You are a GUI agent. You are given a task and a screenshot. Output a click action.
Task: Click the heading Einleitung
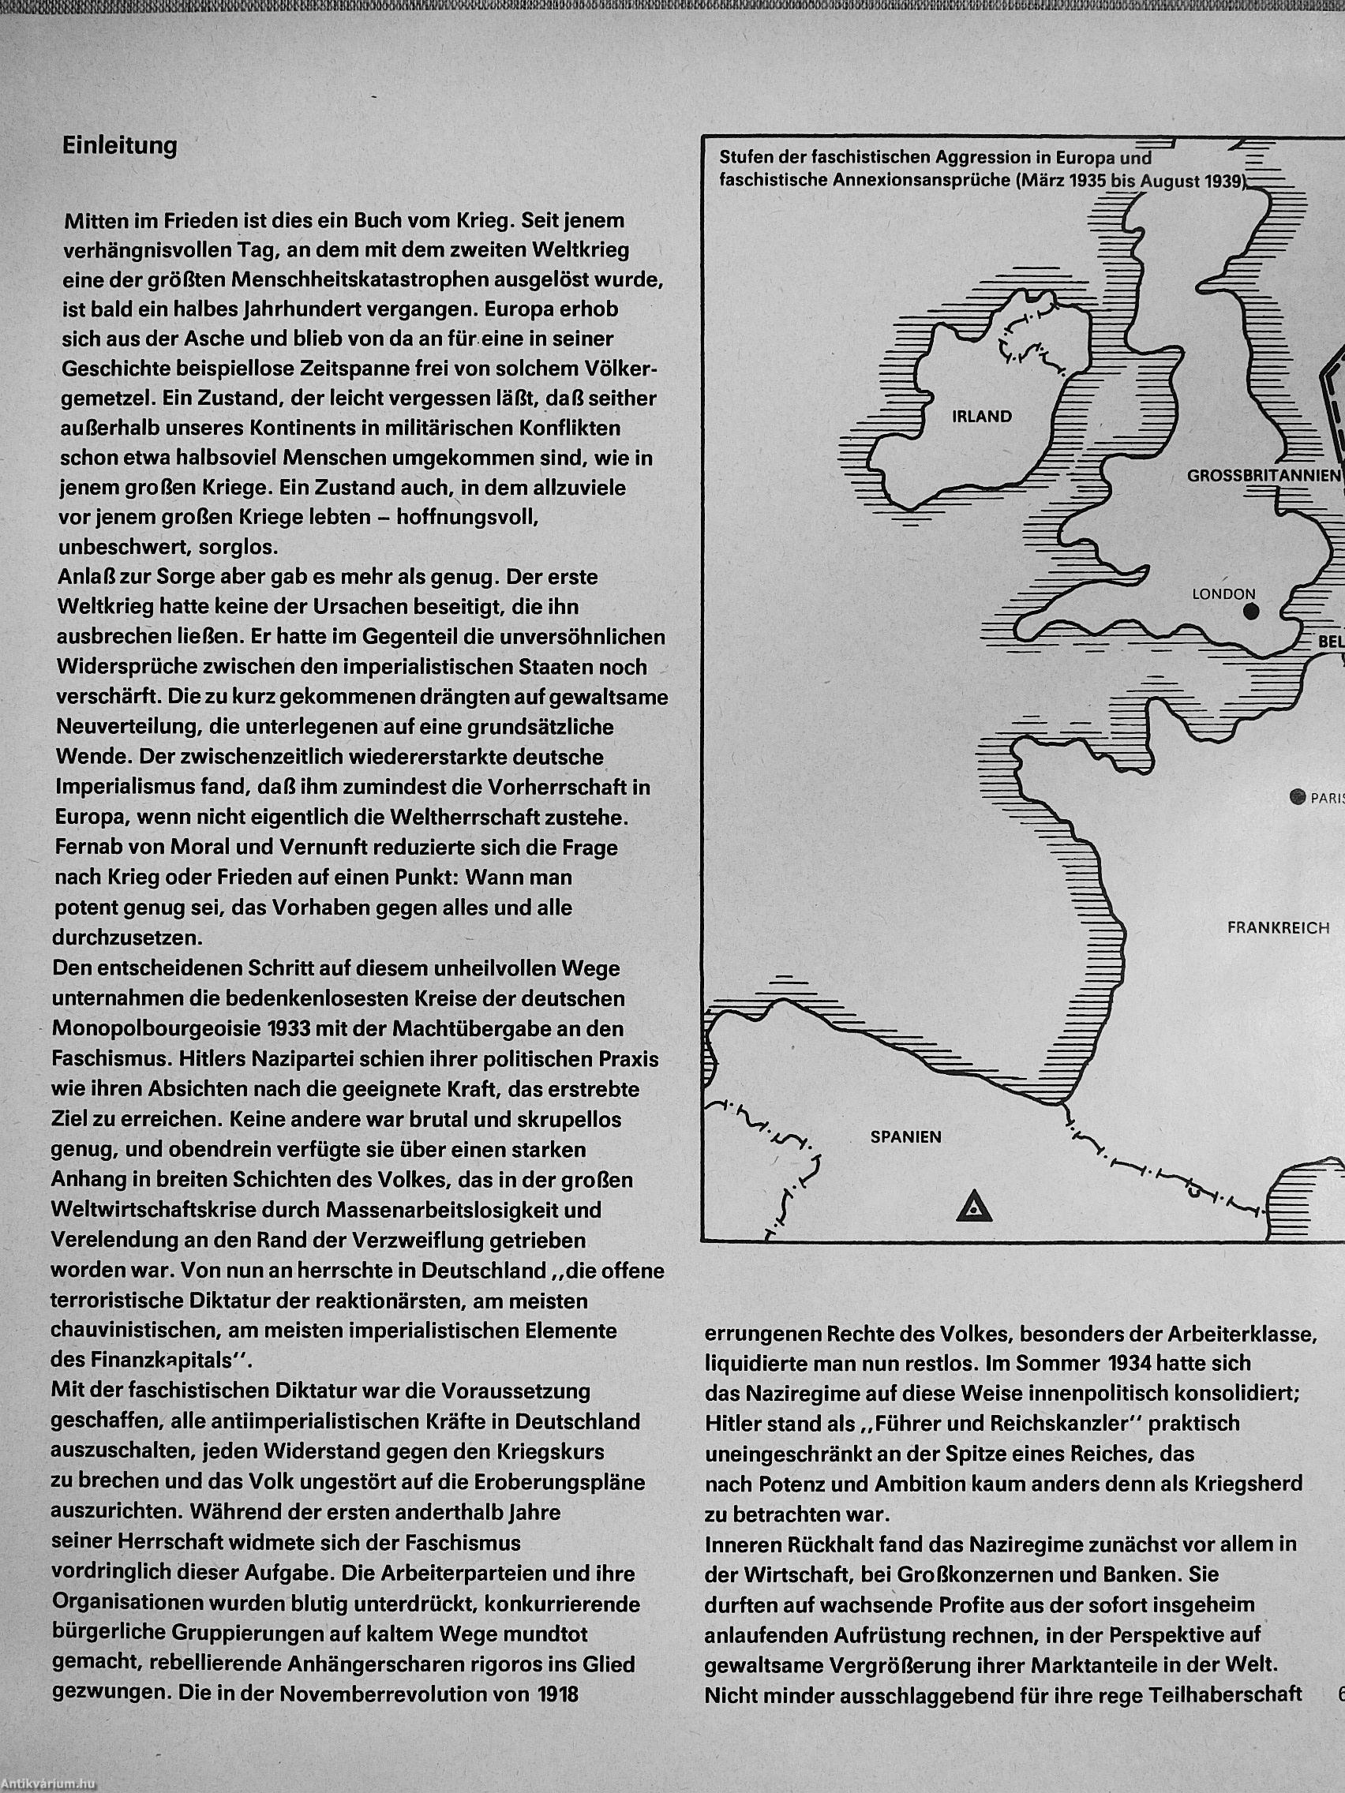pyautogui.click(x=120, y=147)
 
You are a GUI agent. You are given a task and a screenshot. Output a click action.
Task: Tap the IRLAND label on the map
pyautogui.click(x=982, y=417)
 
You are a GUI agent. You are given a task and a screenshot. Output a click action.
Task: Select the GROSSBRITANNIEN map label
pyautogui.click(x=1263, y=476)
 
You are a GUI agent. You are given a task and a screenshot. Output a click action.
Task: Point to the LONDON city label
pyautogui.click(x=1223, y=594)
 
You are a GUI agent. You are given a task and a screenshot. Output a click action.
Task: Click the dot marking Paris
pyautogui.click(x=1298, y=797)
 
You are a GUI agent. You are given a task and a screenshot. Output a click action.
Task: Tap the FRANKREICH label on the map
pyautogui.click(x=1279, y=928)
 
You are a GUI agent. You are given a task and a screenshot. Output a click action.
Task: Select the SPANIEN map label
pyautogui.click(x=905, y=1136)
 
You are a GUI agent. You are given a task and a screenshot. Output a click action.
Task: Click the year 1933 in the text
pyautogui.click(x=288, y=1029)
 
